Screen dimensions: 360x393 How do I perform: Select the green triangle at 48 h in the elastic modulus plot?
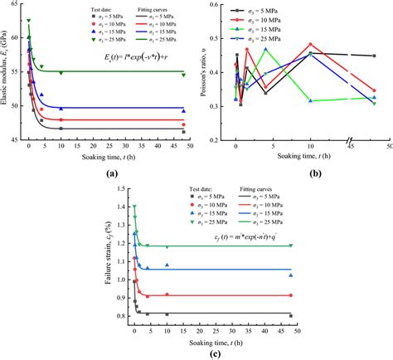183,72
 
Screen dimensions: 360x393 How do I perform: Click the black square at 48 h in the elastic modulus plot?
183,132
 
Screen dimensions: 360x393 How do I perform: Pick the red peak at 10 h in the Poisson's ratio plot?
310,45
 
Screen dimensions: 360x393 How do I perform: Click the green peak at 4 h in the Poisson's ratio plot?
265,49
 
